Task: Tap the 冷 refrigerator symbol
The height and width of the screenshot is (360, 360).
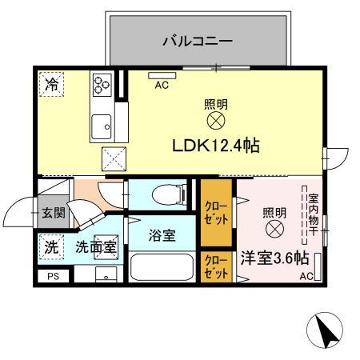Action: coord(51,83)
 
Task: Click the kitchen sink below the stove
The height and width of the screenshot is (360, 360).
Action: coord(102,125)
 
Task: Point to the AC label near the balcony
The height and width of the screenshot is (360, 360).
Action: coord(160,84)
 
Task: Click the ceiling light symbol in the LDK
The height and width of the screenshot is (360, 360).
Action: coord(215,121)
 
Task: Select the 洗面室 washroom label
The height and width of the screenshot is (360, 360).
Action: coord(94,247)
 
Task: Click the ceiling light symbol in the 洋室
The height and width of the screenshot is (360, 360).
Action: coord(274,229)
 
